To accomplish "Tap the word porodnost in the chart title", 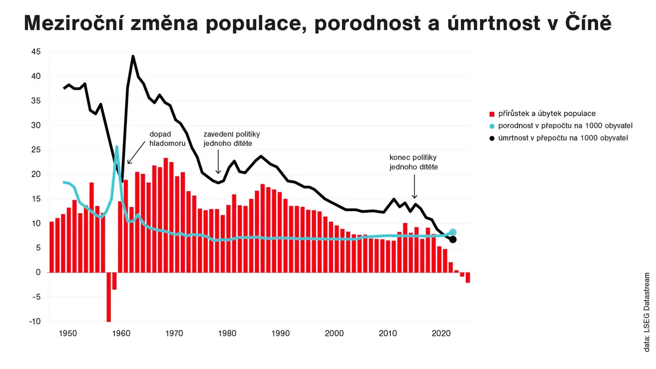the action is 367,24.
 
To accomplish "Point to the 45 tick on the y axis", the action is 36,52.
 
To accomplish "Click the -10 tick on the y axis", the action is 35,321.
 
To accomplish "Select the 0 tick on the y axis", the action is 38,272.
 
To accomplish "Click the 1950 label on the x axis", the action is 68,333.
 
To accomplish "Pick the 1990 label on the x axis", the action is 280,333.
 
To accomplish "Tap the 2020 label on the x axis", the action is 441,333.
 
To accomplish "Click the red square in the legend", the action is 492,114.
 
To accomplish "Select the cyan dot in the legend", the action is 492,126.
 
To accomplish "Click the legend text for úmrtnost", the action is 563,138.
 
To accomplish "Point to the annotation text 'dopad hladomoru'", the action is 167,139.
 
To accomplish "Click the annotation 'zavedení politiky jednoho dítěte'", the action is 232,139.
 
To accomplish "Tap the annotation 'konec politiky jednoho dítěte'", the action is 413,162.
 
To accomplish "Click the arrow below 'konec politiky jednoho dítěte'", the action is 414,186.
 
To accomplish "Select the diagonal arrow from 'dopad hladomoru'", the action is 136,153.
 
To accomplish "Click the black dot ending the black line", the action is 453,240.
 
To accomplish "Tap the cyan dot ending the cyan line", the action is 453,232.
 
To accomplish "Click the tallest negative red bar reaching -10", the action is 109,297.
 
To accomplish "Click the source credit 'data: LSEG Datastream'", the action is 647,312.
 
